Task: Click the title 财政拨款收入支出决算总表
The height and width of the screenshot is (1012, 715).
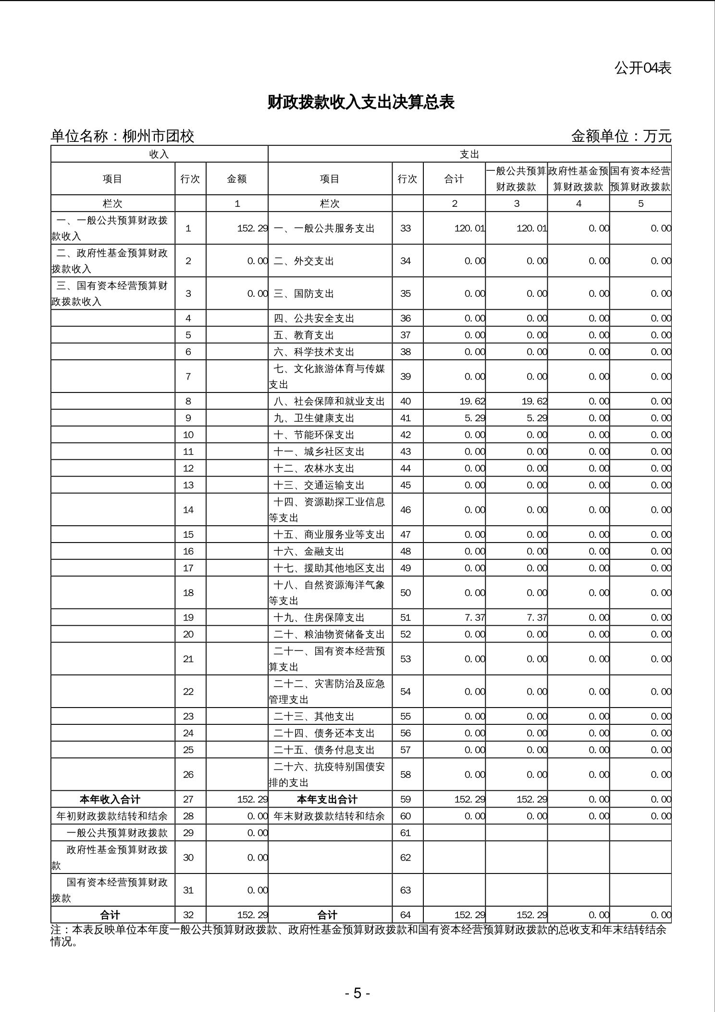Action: tap(360, 102)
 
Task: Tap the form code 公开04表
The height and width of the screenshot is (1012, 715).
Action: tap(642, 68)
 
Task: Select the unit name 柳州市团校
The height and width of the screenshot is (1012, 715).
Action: tap(158, 137)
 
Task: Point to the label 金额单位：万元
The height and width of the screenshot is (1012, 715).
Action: tap(621, 137)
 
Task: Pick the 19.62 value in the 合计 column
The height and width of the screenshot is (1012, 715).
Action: tap(472, 401)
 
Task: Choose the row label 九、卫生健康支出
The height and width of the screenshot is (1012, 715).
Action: tap(314, 418)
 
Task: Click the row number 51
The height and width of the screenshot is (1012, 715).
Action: tap(406, 618)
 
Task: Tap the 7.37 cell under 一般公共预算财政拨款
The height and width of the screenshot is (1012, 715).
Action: tap(537, 618)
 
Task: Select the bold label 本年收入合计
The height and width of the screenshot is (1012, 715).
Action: tap(110, 799)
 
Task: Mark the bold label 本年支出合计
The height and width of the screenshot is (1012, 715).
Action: tap(327, 799)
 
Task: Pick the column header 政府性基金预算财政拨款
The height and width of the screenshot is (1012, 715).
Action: tap(579, 179)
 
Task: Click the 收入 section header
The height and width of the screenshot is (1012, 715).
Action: tap(159, 154)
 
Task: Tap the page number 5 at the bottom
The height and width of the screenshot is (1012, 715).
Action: tap(357, 993)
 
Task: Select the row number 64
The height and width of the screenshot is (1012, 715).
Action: tap(406, 915)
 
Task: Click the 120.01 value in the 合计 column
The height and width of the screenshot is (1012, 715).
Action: tap(469, 228)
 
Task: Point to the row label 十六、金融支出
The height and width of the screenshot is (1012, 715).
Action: tap(309, 551)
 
